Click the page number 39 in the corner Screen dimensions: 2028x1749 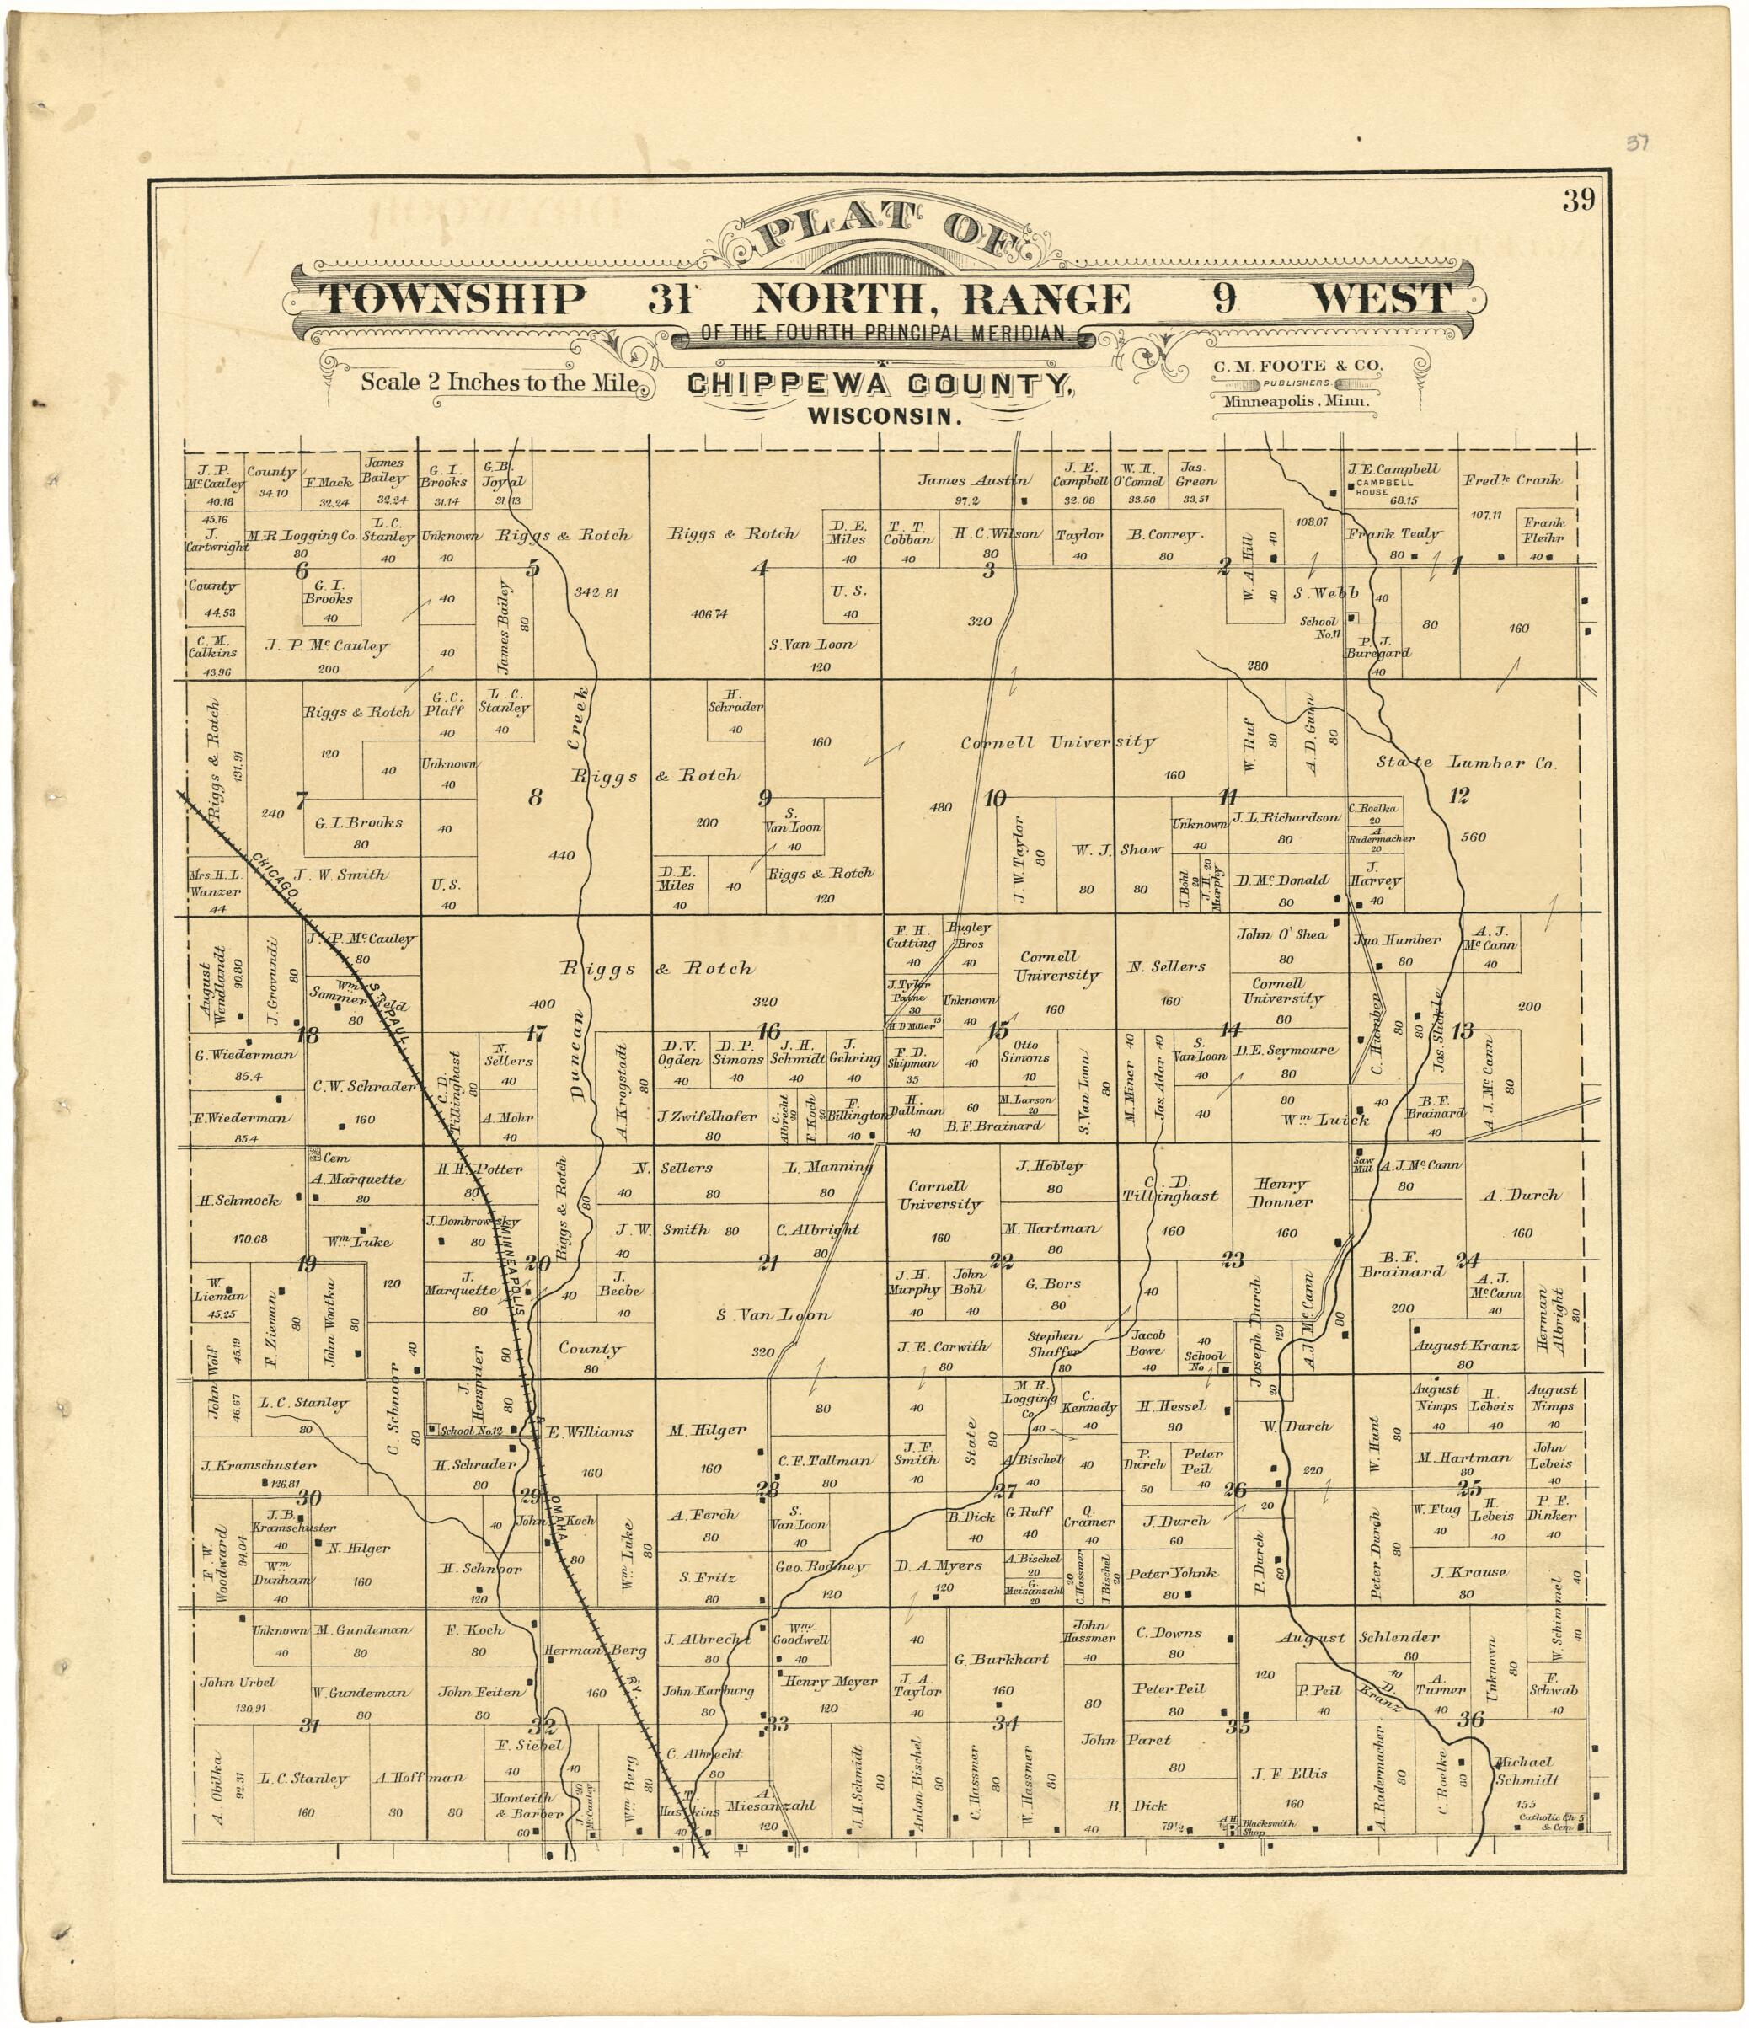(x=1579, y=201)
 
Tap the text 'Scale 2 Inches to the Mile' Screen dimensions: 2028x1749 (x=499, y=383)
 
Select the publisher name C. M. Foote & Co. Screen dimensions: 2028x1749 (x=1297, y=366)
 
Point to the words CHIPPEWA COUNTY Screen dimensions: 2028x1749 (x=879, y=385)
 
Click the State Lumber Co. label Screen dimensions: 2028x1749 (x=1465, y=763)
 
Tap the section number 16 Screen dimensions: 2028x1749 (x=768, y=1030)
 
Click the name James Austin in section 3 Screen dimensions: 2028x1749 (x=972, y=479)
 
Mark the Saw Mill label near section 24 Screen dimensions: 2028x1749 (x=1362, y=1164)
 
